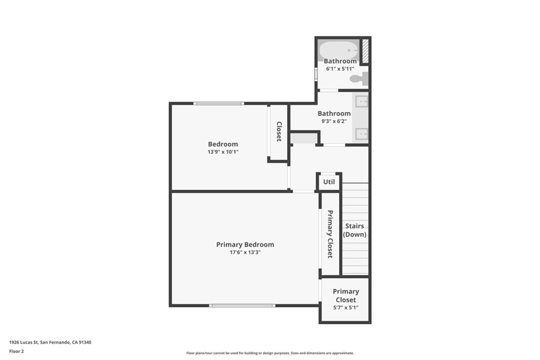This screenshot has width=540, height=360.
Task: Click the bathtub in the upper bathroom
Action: [338, 51]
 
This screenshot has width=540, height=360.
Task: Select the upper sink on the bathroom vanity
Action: [361, 101]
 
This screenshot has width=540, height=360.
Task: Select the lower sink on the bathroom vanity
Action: [361, 134]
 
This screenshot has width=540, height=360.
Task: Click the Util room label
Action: [329, 182]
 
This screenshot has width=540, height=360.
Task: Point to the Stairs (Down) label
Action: [355, 230]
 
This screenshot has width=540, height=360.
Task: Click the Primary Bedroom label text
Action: [245, 245]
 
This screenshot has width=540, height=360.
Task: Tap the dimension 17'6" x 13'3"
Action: [245, 252]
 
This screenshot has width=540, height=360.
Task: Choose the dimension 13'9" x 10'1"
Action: [223, 152]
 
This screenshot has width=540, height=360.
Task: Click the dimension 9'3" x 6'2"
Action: [334, 121]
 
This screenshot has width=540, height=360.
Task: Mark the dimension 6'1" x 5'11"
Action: [340, 69]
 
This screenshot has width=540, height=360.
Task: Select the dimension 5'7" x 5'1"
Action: [345, 307]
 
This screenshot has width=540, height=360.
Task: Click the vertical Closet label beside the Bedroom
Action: [279, 132]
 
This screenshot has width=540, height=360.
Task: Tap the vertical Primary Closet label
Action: [330, 234]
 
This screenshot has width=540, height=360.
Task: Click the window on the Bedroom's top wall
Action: [218, 103]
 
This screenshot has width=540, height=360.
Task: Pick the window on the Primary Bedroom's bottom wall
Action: [242, 305]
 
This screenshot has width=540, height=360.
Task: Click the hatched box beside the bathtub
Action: [364, 51]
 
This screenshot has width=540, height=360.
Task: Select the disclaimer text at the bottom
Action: [269, 353]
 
